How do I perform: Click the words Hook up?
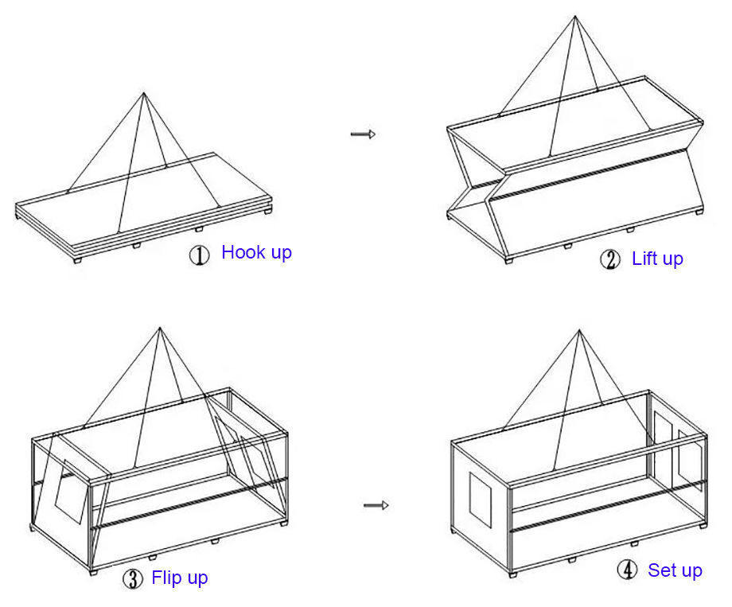tap(256, 253)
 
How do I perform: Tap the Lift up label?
tap(657, 259)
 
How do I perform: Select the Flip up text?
tap(180, 578)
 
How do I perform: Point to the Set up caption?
tap(675, 570)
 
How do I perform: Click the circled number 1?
tap(199, 255)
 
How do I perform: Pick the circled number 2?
tap(609, 260)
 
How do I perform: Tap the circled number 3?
tap(133, 579)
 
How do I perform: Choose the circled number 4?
tap(627, 571)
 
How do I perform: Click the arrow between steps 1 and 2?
tap(363, 134)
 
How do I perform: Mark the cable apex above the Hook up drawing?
tap(144, 93)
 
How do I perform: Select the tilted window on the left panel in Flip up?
tap(68, 490)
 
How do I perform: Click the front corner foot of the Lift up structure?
tap(508, 259)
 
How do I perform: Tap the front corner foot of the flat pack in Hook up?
tap(76, 259)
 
